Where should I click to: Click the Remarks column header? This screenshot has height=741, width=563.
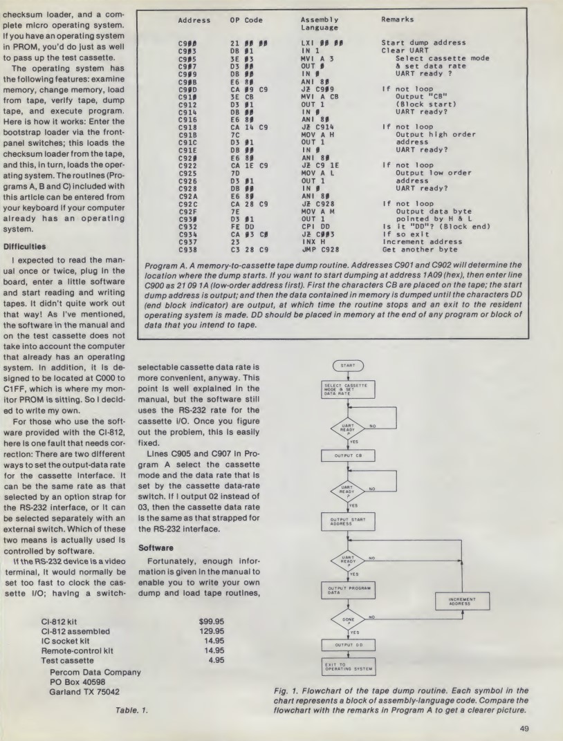click(400, 21)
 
